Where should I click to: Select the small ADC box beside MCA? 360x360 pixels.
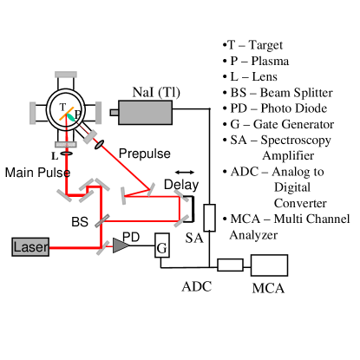pyautogui.click(x=230, y=265)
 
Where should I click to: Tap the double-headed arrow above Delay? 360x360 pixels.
pyautogui.click(x=184, y=172)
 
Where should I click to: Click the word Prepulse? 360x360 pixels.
pyautogui.click(x=145, y=153)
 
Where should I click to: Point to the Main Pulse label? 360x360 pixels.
pyautogui.click(x=36, y=172)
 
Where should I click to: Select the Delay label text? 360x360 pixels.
pyautogui.click(x=181, y=186)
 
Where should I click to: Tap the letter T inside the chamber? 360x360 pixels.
pyautogui.click(x=62, y=108)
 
